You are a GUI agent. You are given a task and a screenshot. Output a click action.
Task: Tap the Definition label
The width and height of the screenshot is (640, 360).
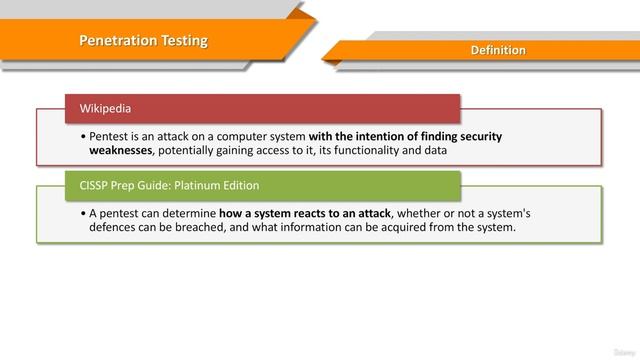pyautogui.click(x=498, y=50)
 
